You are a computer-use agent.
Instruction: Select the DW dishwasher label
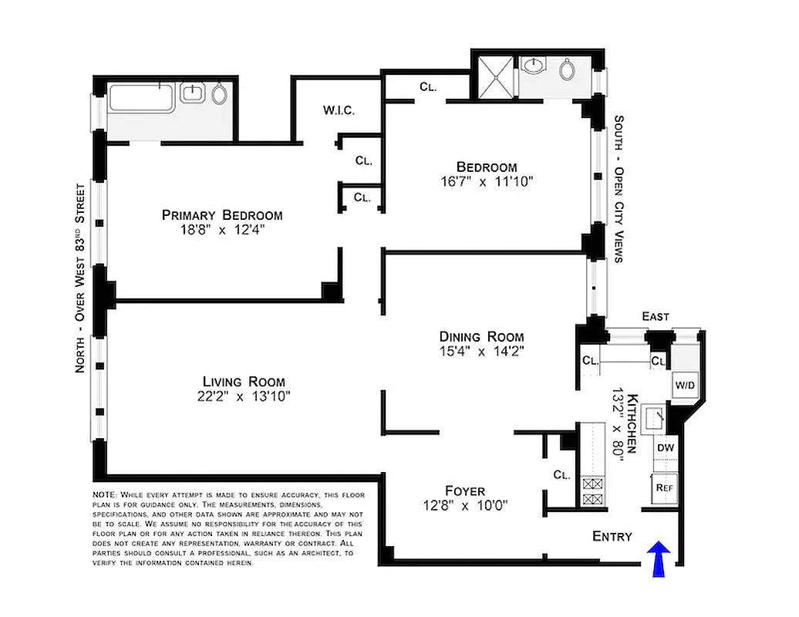[665, 447]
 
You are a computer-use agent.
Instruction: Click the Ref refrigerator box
[665, 487]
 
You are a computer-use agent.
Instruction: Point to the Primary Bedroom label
[221, 215]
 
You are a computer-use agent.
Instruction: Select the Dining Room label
[481, 336]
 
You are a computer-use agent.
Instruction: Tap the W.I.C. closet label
[339, 110]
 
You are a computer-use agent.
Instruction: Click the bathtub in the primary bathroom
[142, 99]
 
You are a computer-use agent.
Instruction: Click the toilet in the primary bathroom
[220, 96]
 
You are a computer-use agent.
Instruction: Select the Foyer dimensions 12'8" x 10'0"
[465, 506]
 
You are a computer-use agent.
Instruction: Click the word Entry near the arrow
[612, 536]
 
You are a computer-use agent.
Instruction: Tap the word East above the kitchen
[655, 316]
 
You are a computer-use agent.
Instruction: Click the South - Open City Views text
[619, 189]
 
